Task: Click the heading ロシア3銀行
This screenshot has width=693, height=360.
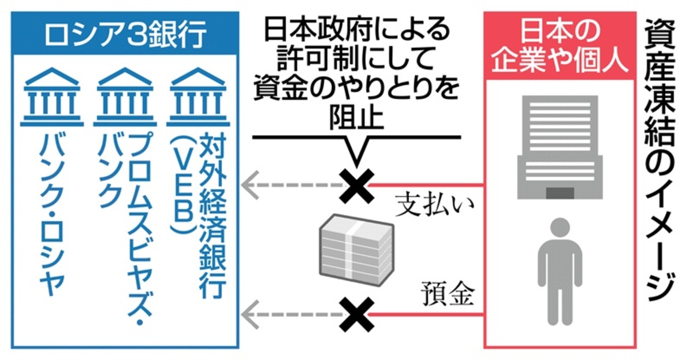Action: pos(125,36)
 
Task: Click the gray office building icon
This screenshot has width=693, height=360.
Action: pos(557,147)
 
